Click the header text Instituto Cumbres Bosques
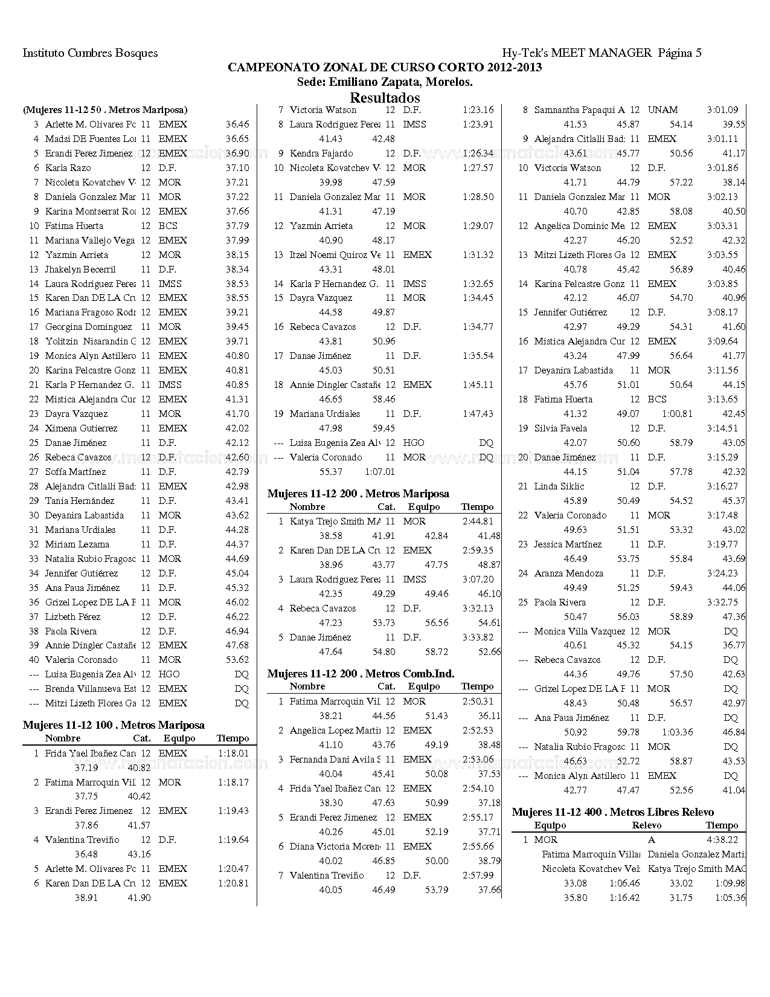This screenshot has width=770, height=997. pyautogui.click(x=90, y=53)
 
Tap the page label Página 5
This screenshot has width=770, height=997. pyautogui.click(x=679, y=53)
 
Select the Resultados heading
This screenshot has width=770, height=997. pyautogui.click(x=385, y=97)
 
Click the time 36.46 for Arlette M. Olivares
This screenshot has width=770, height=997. pyautogui.click(x=237, y=124)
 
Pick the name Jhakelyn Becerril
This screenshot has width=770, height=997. pyautogui.click(x=80, y=269)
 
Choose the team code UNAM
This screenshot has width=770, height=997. pyautogui.click(x=663, y=110)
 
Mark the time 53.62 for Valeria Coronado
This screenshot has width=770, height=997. pyautogui.click(x=237, y=660)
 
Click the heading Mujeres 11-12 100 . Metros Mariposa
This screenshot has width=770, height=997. pyautogui.click(x=114, y=725)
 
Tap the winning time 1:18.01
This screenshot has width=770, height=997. pyautogui.click(x=233, y=753)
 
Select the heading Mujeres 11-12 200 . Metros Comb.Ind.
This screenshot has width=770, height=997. pyautogui.click(x=361, y=674)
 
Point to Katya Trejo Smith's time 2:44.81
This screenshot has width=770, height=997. pyautogui.click(x=477, y=521)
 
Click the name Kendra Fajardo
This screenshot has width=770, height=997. pyautogui.click(x=321, y=153)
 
